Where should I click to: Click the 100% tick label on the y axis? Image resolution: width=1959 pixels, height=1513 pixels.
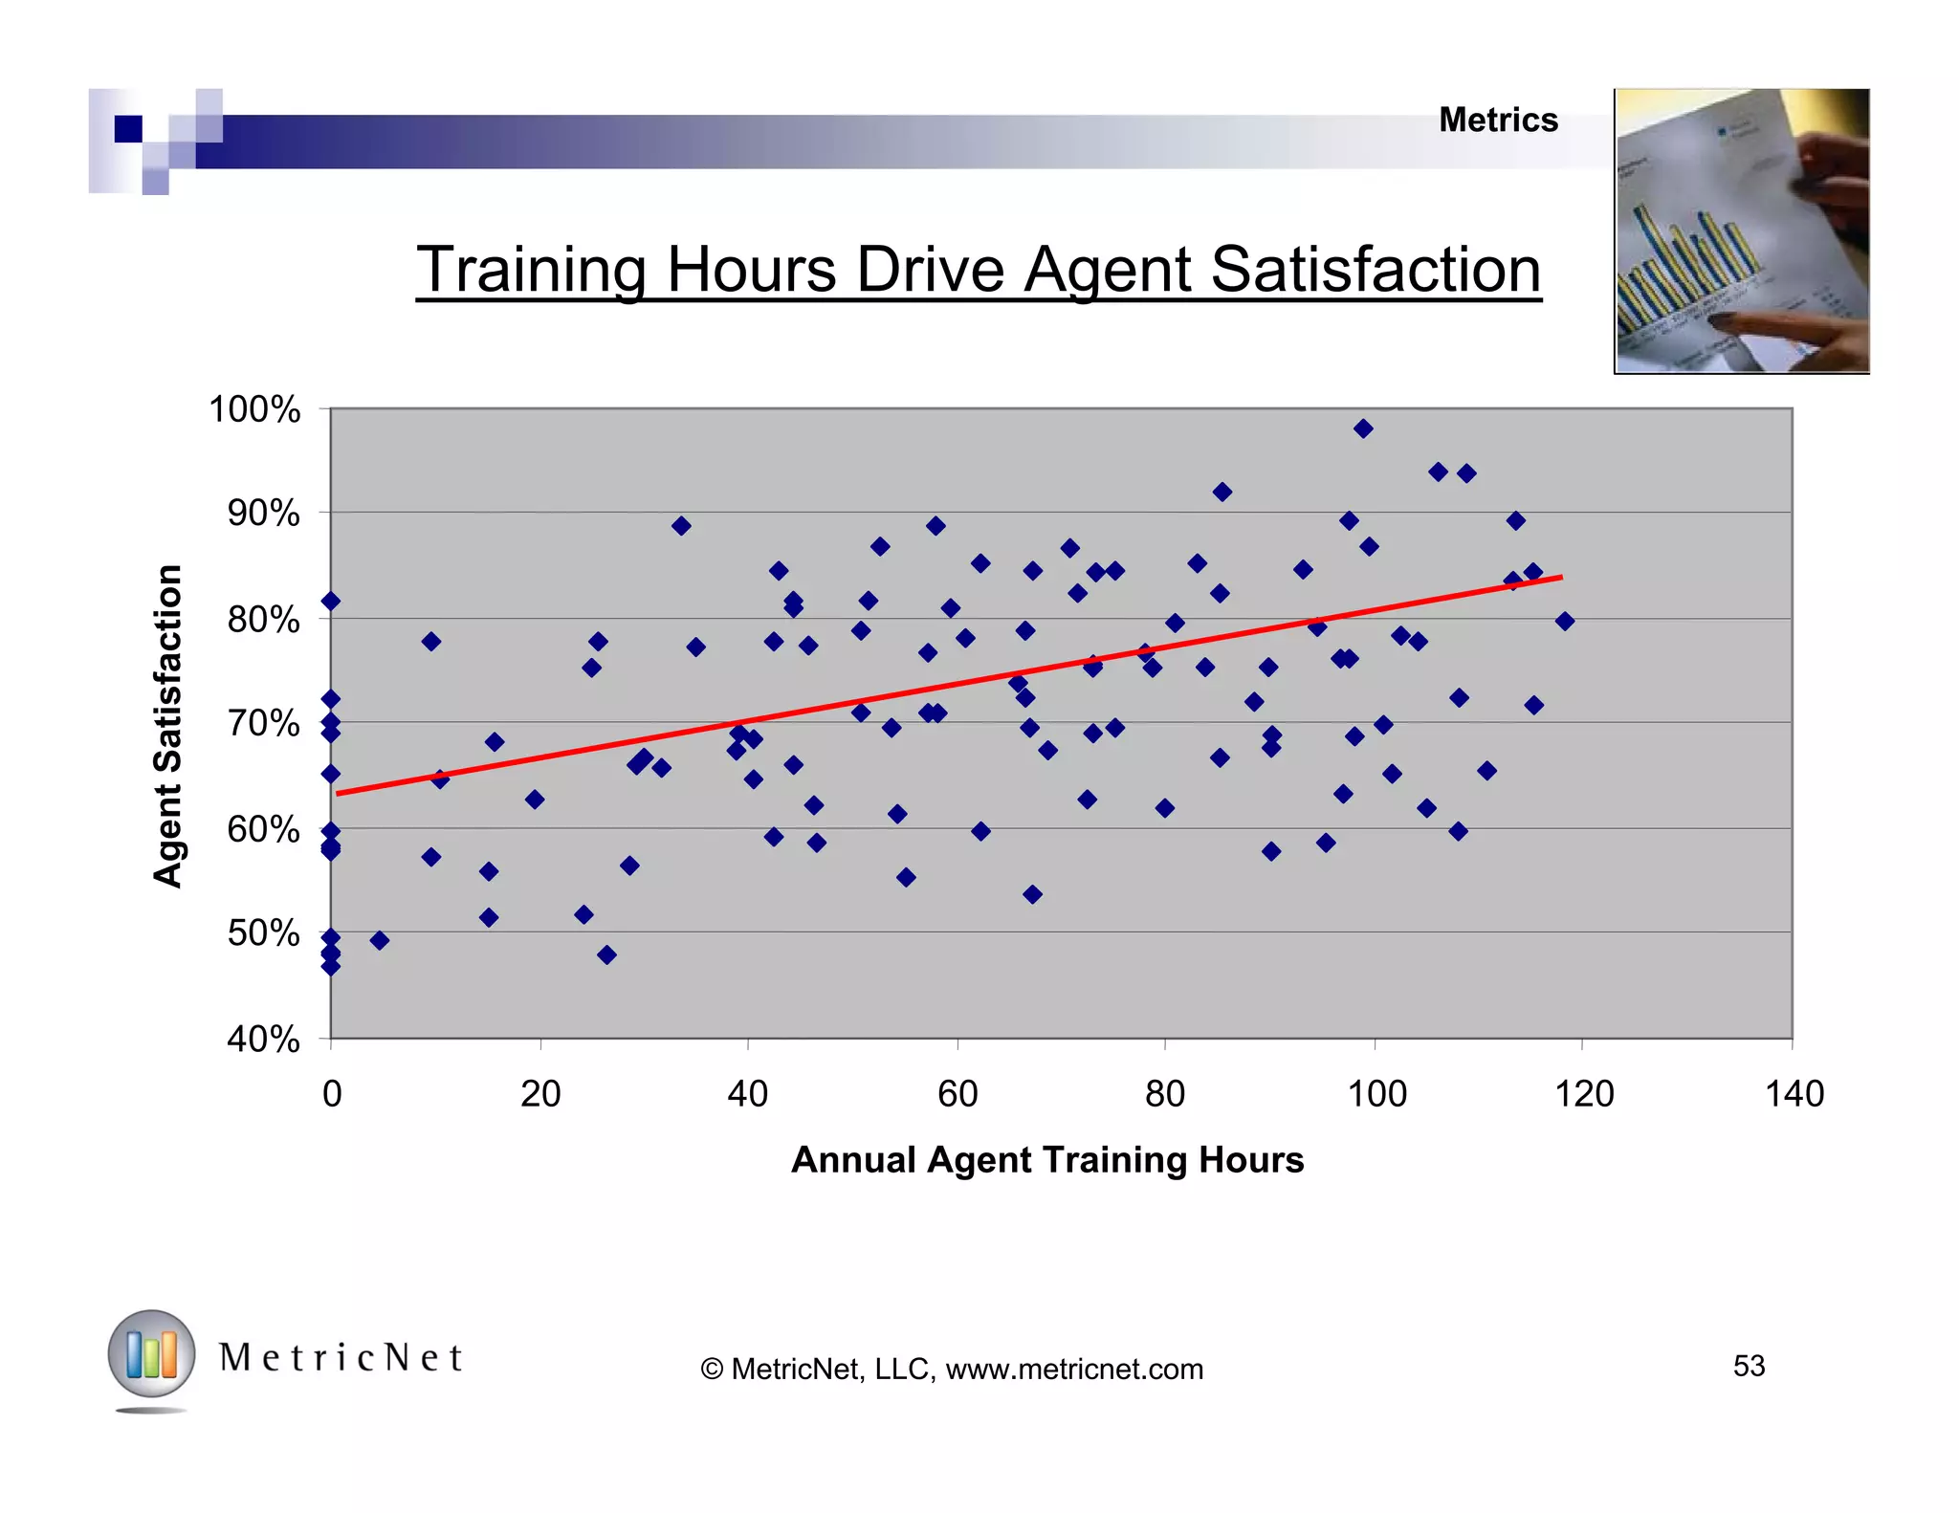pyautogui.click(x=254, y=410)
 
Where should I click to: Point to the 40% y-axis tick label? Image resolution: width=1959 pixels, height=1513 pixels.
pyautogui.click(x=263, y=1039)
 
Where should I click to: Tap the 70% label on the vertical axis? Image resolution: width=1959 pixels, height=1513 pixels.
pyautogui.click(x=263, y=724)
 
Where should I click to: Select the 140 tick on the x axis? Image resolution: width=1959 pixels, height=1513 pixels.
pyautogui.click(x=1794, y=1094)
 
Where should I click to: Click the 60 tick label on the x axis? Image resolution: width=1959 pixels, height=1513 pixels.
pyautogui.click(x=957, y=1094)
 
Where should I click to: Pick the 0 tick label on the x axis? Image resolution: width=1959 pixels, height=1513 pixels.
pyautogui.click(x=332, y=1094)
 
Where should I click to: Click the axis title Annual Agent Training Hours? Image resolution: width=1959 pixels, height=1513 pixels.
pyautogui.click(x=1047, y=1160)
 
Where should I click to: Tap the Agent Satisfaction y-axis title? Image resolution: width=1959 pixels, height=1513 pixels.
pyautogui.click(x=168, y=726)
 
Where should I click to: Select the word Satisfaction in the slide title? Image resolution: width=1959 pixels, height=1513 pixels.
pyautogui.click(x=1376, y=270)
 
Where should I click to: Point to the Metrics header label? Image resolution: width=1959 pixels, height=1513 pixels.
pyautogui.click(x=1498, y=121)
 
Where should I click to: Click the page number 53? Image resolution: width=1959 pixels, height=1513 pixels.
pyautogui.click(x=1749, y=1366)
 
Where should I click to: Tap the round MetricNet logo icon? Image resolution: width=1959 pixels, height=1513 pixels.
pyautogui.click(x=151, y=1354)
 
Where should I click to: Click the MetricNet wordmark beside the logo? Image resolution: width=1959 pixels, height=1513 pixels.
pyautogui.click(x=341, y=1358)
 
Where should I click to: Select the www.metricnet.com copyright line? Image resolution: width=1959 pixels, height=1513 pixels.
pyautogui.click(x=952, y=1370)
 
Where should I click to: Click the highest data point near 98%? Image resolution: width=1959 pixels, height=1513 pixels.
pyautogui.click(x=1363, y=428)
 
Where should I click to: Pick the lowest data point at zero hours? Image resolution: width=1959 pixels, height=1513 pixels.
pyautogui.click(x=331, y=966)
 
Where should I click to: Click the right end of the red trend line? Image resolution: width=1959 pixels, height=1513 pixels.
pyautogui.click(x=1560, y=578)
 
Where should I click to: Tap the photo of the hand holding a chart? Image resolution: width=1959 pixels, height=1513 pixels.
pyautogui.click(x=1741, y=230)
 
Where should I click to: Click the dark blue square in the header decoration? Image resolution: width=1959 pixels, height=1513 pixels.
pyautogui.click(x=128, y=128)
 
